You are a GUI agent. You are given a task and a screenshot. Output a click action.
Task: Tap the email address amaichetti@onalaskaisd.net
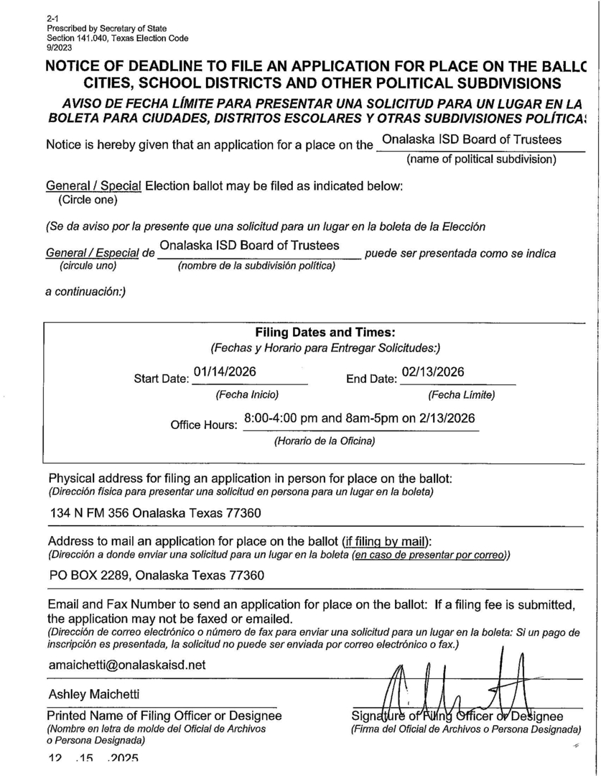(127, 665)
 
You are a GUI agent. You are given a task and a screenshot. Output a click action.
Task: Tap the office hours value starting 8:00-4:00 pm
(360, 418)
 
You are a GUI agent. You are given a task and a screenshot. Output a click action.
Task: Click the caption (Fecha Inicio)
(247, 394)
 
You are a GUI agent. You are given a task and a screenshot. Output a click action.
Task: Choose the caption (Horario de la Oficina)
(325, 440)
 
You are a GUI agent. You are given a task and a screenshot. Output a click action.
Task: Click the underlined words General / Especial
(93, 254)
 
